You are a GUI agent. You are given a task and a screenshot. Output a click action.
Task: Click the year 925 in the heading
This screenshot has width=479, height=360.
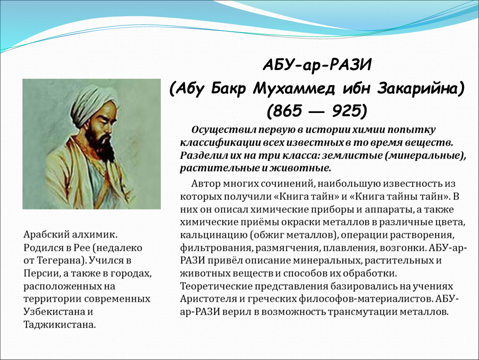pyautogui.click(x=346, y=111)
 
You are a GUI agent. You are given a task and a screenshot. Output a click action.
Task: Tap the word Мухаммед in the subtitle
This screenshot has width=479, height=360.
pyautogui.click(x=294, y=89)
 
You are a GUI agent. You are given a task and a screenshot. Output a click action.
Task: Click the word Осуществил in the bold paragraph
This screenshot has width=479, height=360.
pyautogui.click(x=224, y=130)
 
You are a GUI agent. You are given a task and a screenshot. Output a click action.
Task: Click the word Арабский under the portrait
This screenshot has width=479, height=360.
pyautogui.click(x=46, y=235)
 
